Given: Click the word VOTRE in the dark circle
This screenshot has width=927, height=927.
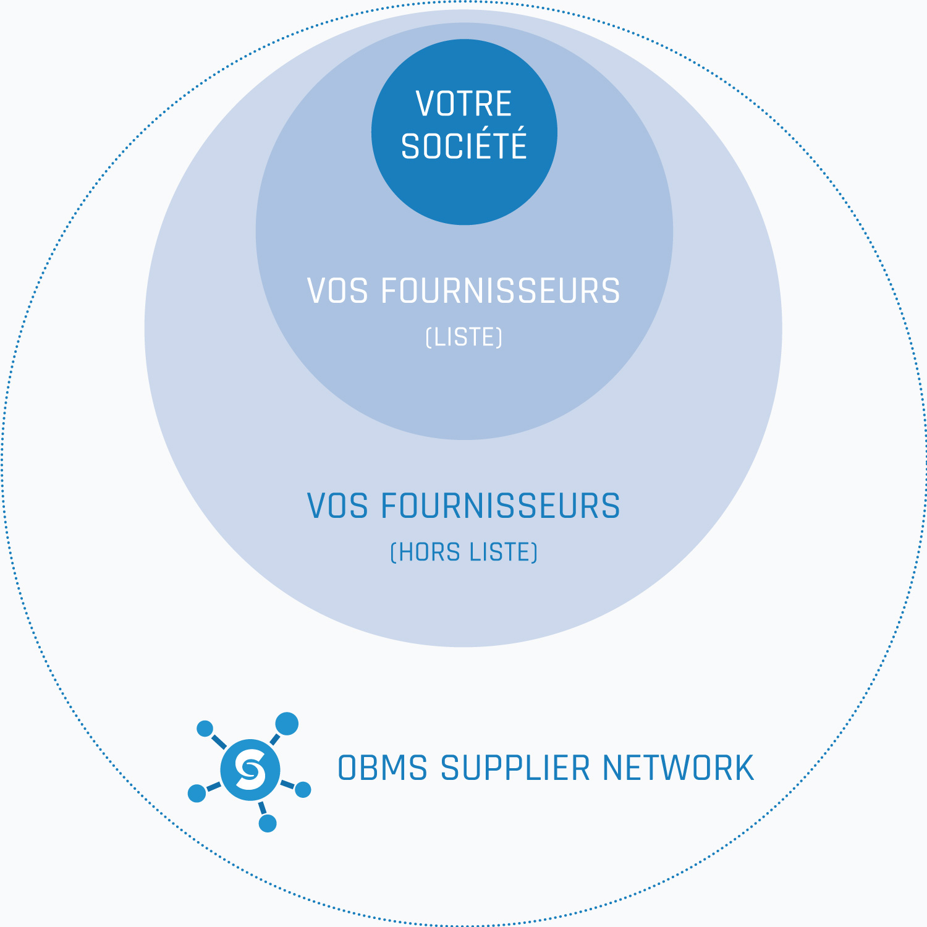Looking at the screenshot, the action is [x=463, y=104].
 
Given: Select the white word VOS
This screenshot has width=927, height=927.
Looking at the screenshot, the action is [x=337, y=291].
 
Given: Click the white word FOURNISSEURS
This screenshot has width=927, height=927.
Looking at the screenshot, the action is [x=501, y=291].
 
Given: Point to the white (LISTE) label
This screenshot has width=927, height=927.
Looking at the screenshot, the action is [x=463, y=337].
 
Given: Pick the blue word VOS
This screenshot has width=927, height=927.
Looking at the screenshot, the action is [x=337, y=506].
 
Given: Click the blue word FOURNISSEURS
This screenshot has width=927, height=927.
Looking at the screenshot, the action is [x=501, y=506].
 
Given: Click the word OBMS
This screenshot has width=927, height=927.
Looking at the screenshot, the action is [x=383, y=768].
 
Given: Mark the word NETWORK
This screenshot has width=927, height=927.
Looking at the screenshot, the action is [x=678, y=768].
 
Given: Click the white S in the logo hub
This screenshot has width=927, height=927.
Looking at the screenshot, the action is [x=250, y=769].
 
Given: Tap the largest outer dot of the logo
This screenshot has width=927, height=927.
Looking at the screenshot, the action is [x=287, y=724].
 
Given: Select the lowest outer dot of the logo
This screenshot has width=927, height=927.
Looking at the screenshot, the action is [x=268, y=823].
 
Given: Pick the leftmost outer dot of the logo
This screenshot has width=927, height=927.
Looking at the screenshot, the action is [x=197, y=793].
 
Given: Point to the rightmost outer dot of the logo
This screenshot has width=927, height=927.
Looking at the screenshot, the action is [x=303, y=789].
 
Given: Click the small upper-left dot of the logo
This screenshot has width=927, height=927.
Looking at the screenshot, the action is [x=205, y=729].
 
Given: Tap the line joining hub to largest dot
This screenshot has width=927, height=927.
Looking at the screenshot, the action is [x=275, y=739].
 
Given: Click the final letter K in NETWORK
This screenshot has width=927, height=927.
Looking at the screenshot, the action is [x=745, y=768].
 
